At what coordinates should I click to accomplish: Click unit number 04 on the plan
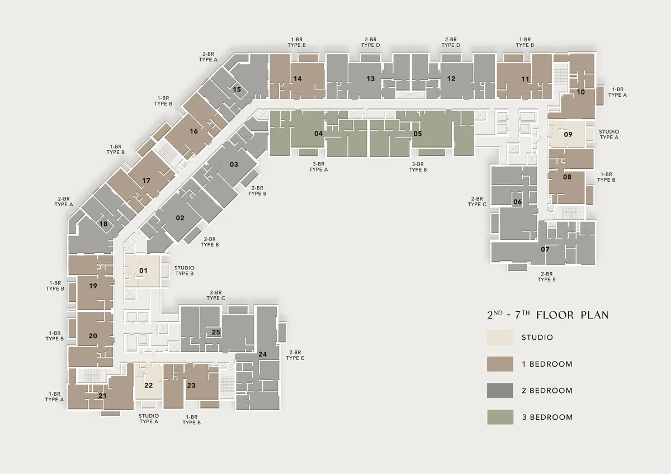click(x=318, y=134)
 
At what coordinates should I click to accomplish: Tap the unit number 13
click(x=371, y=79)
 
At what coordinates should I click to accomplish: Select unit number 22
click(x=149, y=385)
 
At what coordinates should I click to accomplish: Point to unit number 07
click(x=545, y=249)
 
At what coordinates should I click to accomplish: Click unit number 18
click(x=103, y=224)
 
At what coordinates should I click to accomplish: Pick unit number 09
click(x=568, y=135)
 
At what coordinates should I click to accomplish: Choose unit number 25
click(x=216, y=332)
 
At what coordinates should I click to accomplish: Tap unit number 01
click(x=143, y=271)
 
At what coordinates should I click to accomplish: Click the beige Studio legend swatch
click(x=500, y=338)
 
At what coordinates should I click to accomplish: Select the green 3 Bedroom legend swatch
click(x=500, y=417)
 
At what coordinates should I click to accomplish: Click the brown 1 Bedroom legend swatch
click(x=500, y=364)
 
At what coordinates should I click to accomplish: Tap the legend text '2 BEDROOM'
click(x=547, y=391)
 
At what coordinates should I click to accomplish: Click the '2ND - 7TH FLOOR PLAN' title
click(x=547, y=315)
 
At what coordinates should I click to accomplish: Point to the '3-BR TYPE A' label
click(x=318, y=167)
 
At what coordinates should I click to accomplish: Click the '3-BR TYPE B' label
click(x=418, y=167)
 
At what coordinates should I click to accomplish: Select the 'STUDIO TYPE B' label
click(x=184, y=271)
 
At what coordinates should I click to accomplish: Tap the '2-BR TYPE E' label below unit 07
click(x=546, y=277)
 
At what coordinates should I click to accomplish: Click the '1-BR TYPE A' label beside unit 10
click(x=617, y=92)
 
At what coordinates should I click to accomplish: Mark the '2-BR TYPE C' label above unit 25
click(x=216, y=295)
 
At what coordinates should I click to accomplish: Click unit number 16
click(x=194, y=131)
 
